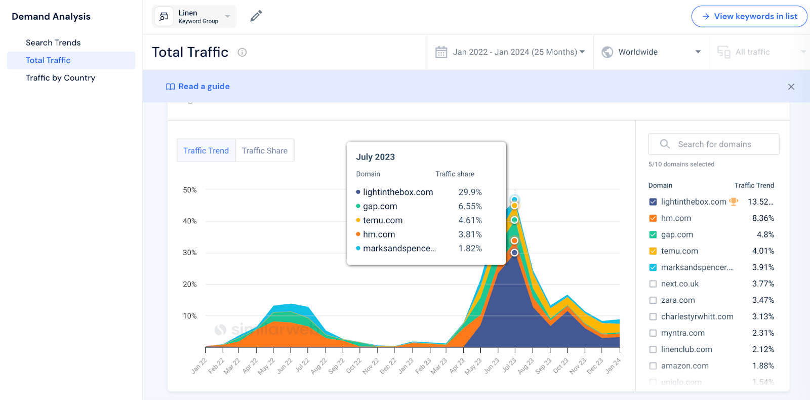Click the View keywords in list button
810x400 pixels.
pyautogui.click(x=749, y=16)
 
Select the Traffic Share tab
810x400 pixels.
pyautogui.click(x=264, y=150)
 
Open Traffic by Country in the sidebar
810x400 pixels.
pyautogui.click(x=60, y=77)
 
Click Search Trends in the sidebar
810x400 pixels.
pyautogui.click(x=53, y=43)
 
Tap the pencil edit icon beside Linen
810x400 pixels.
pyautogui.click(x=256, y=16)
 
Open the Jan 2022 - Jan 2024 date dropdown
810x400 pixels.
pyautogui.click(x=510, y=52)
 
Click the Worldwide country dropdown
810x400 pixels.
pyautogui.click(x=651, y=52)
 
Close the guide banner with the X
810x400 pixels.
pyautogui.click(x=791, y=87)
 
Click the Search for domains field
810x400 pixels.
pyautogui.click(x=714, y=144)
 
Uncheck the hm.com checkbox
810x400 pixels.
pyautogui.click(x=653, y=218)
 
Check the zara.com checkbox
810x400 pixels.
pyautogui.click(x=653, y=300)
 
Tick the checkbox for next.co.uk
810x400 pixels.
pyautogui.click(x=653, y=284)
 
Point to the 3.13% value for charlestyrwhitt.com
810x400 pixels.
pyautogui.click(x=762, y=316)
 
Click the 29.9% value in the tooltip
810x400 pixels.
pyautogui.click(x=470, y=192)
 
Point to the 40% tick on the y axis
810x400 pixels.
pyautogui.click(x=190, y=221)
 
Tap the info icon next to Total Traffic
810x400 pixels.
pyautogui.click(x=242, y=52)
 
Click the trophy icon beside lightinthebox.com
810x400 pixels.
pyautogui.click(x=733, y=202)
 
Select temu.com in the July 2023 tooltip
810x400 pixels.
pyautogui.click(x=382, y=220)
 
